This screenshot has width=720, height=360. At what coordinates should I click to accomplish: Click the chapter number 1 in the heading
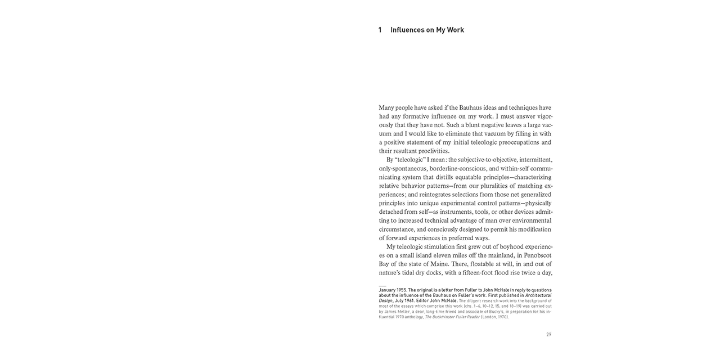pos(380,30)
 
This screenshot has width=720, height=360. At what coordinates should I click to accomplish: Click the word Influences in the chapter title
pos(408,30)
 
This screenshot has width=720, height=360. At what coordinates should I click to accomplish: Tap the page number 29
pos(548,335)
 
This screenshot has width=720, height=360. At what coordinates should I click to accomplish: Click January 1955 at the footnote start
pos(393,290)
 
